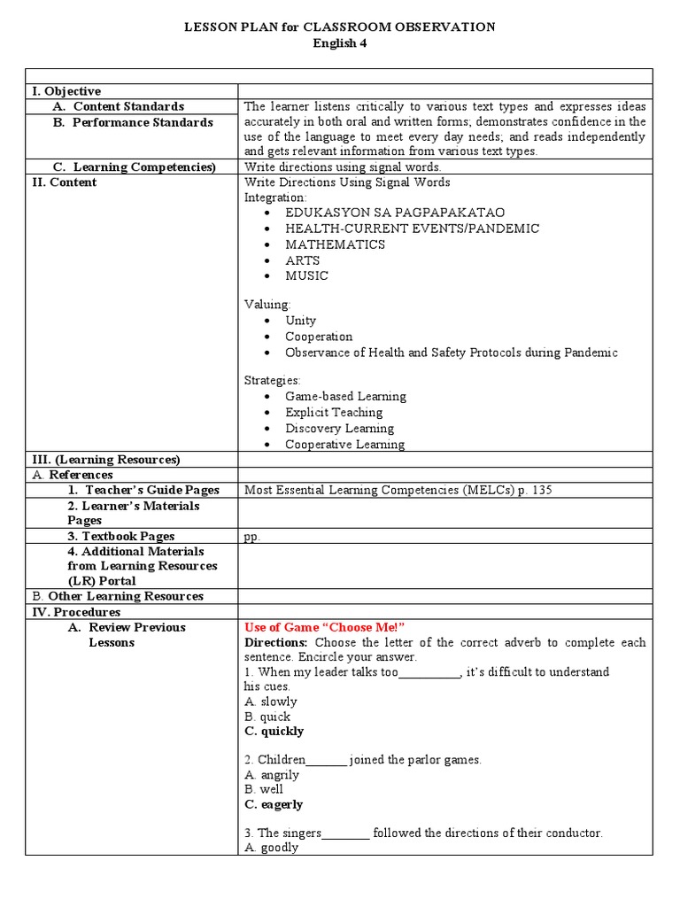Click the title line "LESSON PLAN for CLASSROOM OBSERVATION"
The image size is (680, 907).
pos(339,27)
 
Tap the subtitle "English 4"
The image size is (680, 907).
pos(339,43)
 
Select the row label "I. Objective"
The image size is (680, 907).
pos(66,91)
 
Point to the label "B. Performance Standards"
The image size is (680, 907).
pos(133,122)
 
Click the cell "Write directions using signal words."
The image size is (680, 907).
pos(342,167)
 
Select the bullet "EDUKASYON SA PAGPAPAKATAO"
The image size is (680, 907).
pos(395,213)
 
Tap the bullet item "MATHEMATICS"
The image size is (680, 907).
pos(335,244)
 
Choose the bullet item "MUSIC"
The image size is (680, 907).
pos(306,275)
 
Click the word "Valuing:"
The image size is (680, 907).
pos(267,305)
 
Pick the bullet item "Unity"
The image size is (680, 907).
pos(300,321)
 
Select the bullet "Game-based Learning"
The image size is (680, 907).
pos(345,397)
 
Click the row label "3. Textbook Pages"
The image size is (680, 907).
pos(121,536)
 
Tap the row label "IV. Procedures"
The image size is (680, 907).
pos(76,612)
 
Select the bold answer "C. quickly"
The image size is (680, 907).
pos(274,732)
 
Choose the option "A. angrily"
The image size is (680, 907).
pos(272,775)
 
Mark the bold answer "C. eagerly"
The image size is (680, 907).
pos(274,805)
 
